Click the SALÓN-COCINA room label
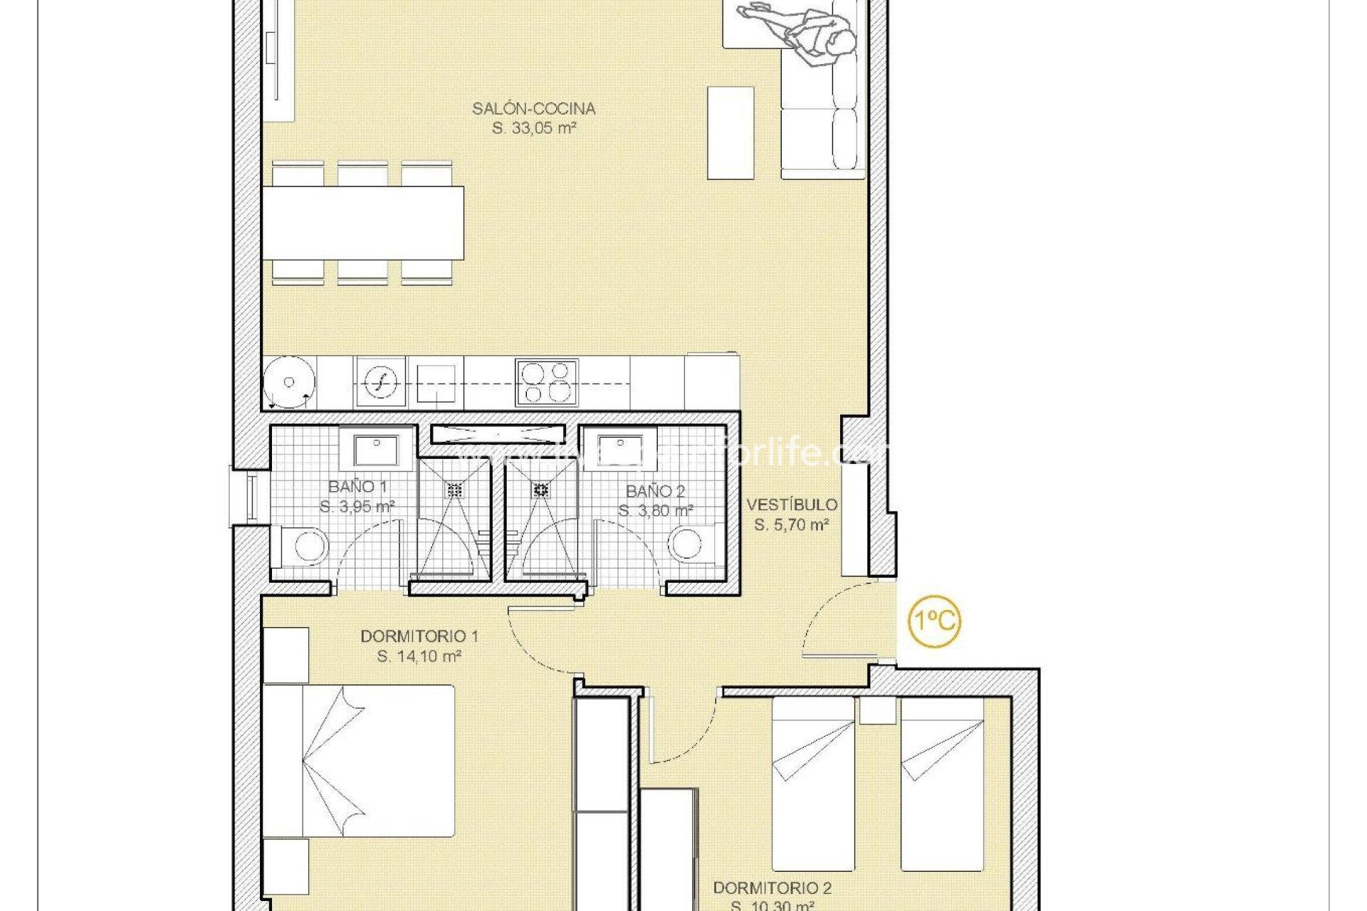click(533, 109)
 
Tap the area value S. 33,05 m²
click(533, 129)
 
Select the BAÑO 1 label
click(357, 487)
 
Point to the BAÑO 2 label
click(655, 491)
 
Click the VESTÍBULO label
click(792, 505)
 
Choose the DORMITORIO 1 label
click(419, 636)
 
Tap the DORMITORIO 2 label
click(772, 888)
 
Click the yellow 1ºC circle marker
click(934, 621)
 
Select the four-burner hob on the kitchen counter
click(546, 382)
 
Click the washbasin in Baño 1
click(377, 450)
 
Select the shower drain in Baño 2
click(541, 489)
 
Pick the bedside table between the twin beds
click(877, 710)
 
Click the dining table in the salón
click(363, 223)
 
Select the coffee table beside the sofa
click(730, 133)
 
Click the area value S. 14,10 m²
click(419, 656)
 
